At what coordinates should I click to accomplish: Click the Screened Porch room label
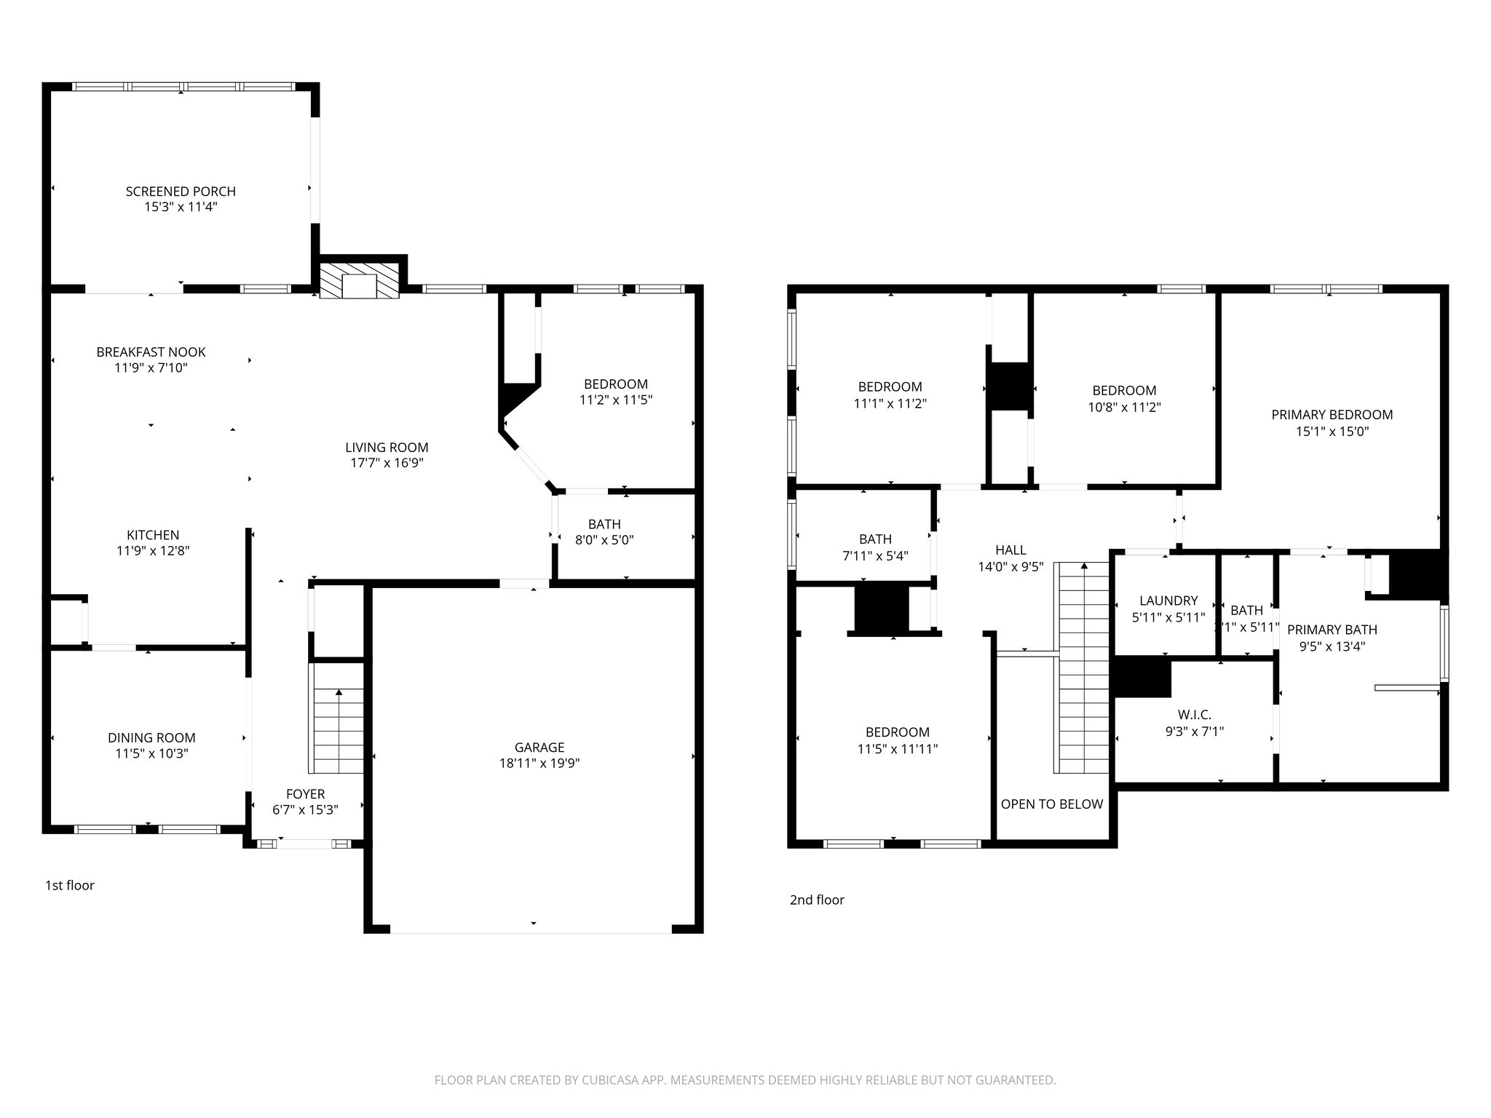pyautogui.click(x=181, y=191)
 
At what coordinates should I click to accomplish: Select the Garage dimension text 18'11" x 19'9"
pyautogui.click(x=539, y=764)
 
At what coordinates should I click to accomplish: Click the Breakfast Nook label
pyautogui.click(x=151, y=352)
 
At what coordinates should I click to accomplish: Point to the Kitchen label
pyautogui.click(x=153, y=535)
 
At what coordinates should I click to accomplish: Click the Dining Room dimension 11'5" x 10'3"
pyautogui.click(x=151, y=754)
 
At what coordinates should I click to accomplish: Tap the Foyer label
pyautogui.click(x=305, y=794)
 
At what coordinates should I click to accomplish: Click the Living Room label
pyautogui.click(x=387, y=448)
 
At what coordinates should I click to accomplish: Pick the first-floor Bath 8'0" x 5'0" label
pyautogui.click(x=604, y=524)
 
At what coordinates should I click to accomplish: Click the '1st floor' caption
pyautogui.click(x=70, y=886)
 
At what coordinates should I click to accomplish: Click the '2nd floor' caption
pyautogui.click(x=817, y=900)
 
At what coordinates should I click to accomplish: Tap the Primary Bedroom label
pyautogui.click(x=1332, y=415)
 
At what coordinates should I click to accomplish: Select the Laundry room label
pyautogui.click(x=1168, y=600)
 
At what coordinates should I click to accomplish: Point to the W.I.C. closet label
pyautogui.click(x=1194, y=715)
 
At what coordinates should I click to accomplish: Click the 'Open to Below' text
pyautogui.click(x=1051, y=804)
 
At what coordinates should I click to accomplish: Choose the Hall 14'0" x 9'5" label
pyautogui.click(x=1011, y=550)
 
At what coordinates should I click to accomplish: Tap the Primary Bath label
pyautogui.click(x=1332, y=630)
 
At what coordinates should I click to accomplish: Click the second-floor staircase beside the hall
pyautogui.click(x=1084, y=670)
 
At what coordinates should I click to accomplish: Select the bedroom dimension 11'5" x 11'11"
pyautogui.click(x=897, y=749)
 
